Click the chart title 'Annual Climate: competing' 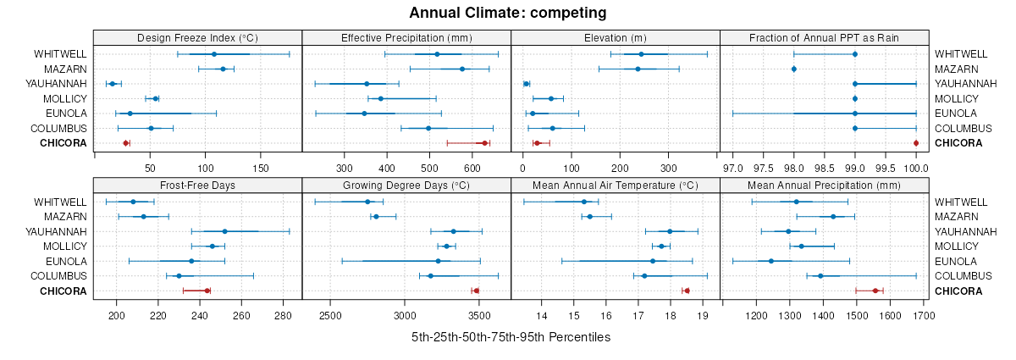508,13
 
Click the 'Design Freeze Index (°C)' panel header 197,37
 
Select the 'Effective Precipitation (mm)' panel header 406,37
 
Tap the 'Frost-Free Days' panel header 197,185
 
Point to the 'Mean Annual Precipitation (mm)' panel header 825,185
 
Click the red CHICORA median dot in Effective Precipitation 485,143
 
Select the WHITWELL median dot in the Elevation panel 641,54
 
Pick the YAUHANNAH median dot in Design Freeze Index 112,84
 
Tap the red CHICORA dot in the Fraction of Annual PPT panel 916,143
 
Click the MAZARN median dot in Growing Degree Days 376,217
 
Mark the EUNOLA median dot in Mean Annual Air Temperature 653,261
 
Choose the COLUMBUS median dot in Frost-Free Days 179,276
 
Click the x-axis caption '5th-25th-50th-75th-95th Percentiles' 511,337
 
